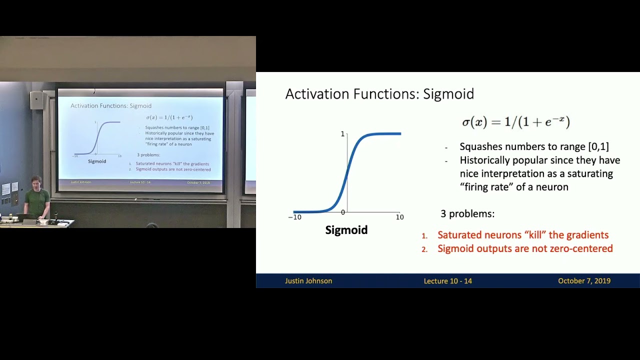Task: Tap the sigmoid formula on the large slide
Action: coord(515,122)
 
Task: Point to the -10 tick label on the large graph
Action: coord(294,217)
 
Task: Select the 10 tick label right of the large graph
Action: coord(399,217)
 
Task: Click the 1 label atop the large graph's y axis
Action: coord(342,134)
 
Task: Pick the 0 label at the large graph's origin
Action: coord(342,212)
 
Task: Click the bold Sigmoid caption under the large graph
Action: coord(346,230)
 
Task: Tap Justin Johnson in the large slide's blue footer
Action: coord(308,281)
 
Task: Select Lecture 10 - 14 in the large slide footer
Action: coord(447,281)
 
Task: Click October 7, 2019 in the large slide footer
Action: coord(584,281)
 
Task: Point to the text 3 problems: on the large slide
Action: coord(467,214)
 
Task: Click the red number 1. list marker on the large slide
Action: coord(424,235)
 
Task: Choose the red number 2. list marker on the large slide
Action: coord(424,249)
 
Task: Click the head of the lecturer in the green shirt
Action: coord(35,181)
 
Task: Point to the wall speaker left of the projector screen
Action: coord(36,100)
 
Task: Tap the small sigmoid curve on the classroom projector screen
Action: coord(97,138)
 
